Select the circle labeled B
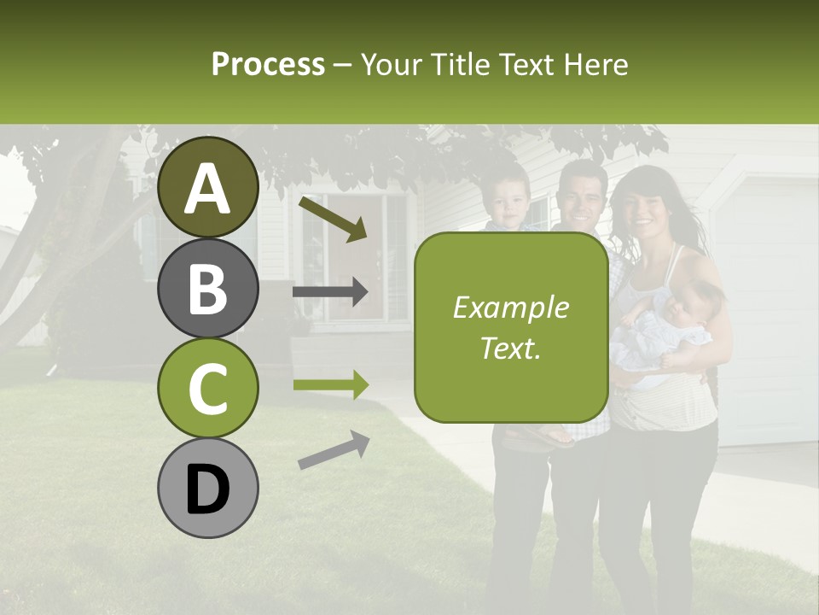[x=207, y=288]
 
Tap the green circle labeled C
[x=207, y=389]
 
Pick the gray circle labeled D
[x=207, y=489]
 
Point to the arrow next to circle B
[x=330, y=293]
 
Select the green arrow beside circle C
[x=330, y=384]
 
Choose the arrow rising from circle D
[x=334, y=450]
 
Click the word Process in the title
[x=268, y=64]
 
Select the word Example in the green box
[x=510, y=307]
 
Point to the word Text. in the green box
[x=510, y=348]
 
